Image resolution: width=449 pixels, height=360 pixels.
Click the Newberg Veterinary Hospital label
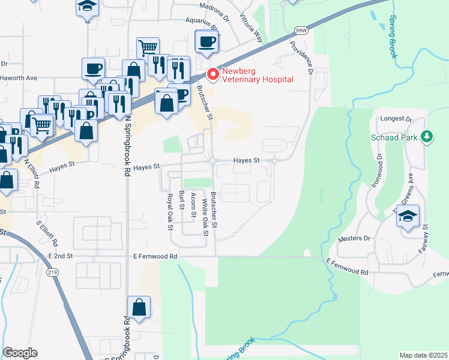click(258, 75)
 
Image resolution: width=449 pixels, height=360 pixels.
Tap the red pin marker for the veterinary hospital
click(212, 74)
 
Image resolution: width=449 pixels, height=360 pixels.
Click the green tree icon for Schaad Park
click(427, 137)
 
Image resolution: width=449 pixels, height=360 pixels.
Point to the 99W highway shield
click(301, 30)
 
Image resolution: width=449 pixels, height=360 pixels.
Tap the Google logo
click(20, 353)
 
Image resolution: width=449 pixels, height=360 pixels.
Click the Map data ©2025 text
click(423, 355)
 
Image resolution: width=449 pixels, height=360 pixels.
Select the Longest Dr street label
click(397, 119)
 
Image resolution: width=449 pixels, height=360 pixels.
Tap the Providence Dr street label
click(302, 58)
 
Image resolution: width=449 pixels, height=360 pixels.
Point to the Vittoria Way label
click(252, 28)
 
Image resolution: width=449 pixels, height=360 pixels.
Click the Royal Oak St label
click(170, 212)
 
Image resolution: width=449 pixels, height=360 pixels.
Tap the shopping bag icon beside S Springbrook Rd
click(139, 308)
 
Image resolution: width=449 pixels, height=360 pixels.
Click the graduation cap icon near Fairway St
click(408, 216)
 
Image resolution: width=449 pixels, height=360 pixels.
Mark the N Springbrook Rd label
click(127, 146)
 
